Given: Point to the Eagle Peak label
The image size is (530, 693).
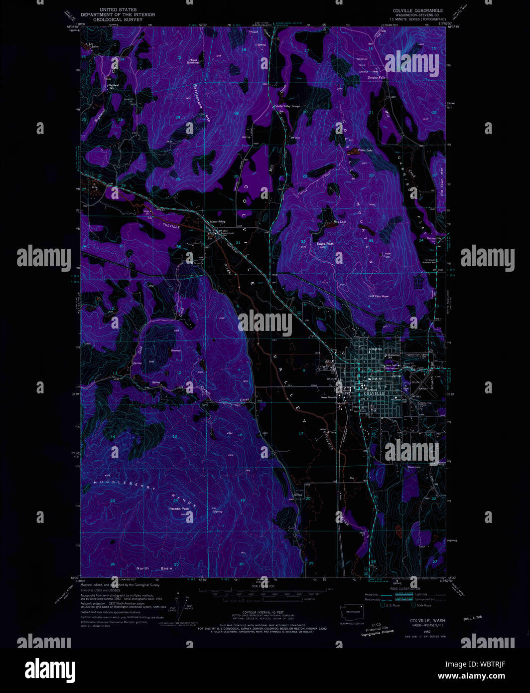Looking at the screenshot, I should pyautogui.click(x=325, y=244).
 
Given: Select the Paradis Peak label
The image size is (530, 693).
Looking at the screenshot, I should pyautogui.click(x=179, y=509).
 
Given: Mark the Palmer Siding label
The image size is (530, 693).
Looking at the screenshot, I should pyautogui.click(x=217, y=221).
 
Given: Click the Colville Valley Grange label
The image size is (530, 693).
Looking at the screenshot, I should pyautogui.click(x=286, y=106).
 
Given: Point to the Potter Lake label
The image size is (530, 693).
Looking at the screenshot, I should pyautogui.click(x=365, y=150).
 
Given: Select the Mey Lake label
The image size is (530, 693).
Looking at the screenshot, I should pyautogui.click(x=340, y=222).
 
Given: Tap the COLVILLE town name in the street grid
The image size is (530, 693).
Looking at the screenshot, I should pyautogui.click(x=374, y=393).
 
